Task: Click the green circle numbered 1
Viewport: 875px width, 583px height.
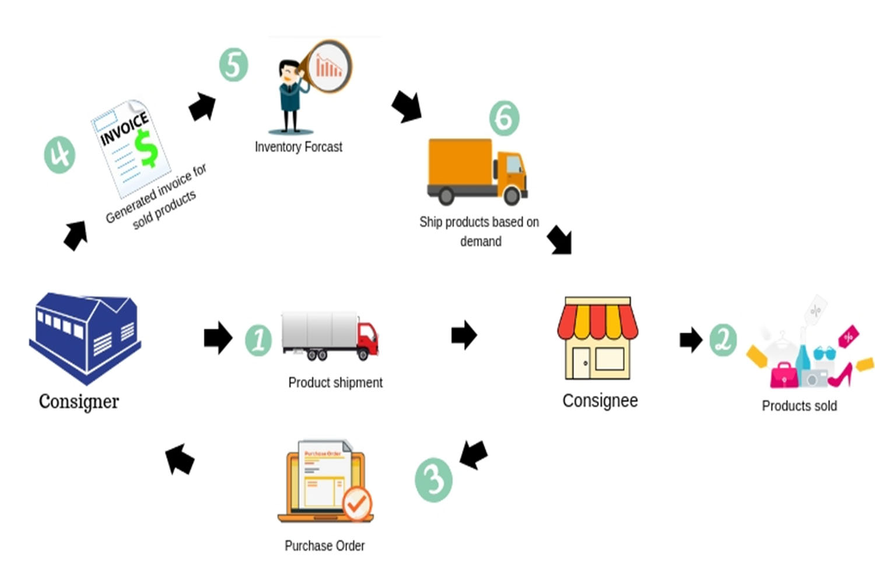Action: (x=258, y=340)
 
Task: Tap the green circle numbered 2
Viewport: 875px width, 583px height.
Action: (x=723, y=339)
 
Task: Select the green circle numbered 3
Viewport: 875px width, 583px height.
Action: (x=433, y=480)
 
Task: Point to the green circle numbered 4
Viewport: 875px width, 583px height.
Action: (x=60, y=154)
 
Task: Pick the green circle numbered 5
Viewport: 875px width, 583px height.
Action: (x=233, y=65)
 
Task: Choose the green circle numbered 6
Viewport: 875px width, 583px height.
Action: (x=504, y=118)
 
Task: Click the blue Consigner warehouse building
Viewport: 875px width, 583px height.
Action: (x=85, y=337)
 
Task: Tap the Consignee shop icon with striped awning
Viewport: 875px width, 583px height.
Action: (x=597, y=338)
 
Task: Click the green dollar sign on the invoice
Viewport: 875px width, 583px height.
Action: (x=146, y=148)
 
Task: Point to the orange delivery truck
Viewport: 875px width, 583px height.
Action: (x=477, y=171)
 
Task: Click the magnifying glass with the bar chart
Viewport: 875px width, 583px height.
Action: (x=328, y=66)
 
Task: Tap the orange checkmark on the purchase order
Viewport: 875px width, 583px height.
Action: (x=357, y=503)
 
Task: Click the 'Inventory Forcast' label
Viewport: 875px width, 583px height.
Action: (x=298, y=147)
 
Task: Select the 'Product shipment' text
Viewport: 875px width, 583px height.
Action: (x=335, y=382)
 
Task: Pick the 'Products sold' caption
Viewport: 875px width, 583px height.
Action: (x=799, y=406)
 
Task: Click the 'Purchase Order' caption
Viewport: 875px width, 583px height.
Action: (x=324, y=546)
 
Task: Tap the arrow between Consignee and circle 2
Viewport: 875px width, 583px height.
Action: (x=691, y=339)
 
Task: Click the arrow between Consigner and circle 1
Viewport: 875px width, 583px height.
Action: (x=218, y=337)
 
